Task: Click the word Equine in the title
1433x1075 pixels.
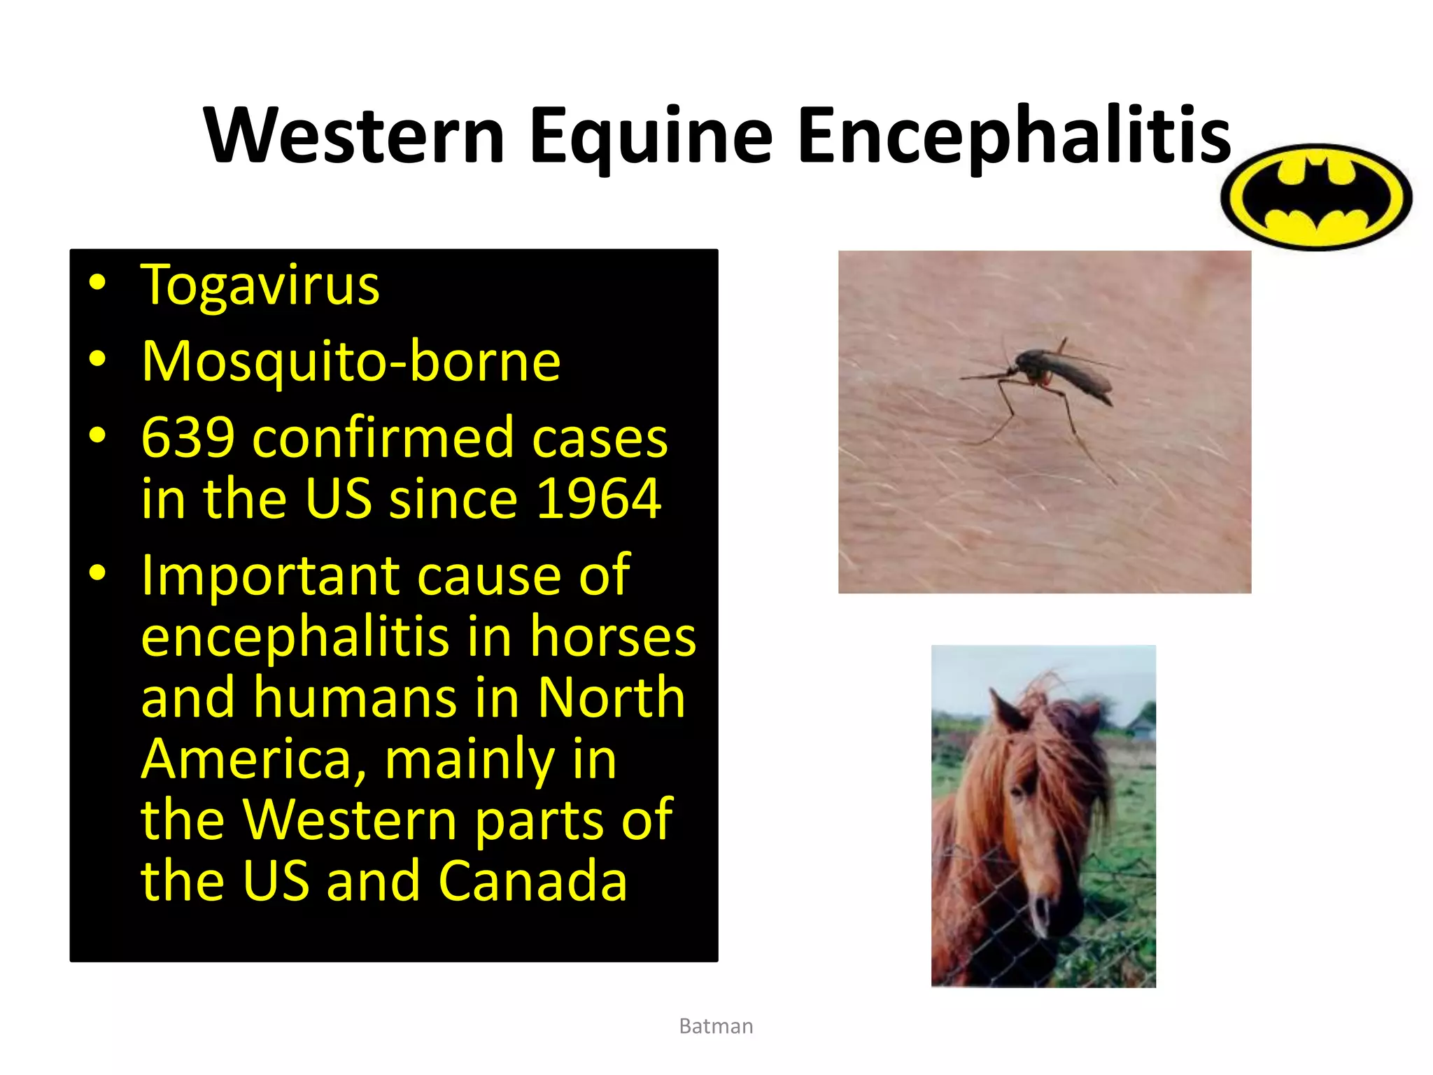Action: [651, 136]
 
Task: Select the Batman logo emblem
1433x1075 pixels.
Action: [1315, 197]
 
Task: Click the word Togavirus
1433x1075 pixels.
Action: [260, 286]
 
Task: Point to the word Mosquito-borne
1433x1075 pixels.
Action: [351, 361]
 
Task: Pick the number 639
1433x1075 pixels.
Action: [188, 438]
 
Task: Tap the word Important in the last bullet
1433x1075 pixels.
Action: [270, 575]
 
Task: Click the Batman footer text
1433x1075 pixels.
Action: [716, 1026]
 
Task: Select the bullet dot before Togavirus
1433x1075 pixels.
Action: [97, 283]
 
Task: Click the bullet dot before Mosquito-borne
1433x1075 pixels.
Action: [97, 359]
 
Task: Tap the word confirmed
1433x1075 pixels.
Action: [382, 438]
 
